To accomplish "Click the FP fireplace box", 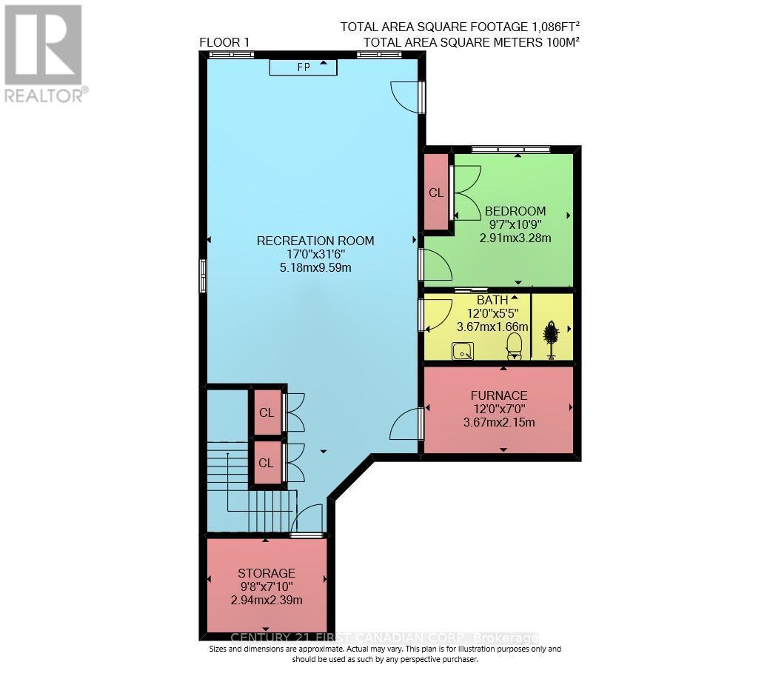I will pyautogui.click(x=303, y=67).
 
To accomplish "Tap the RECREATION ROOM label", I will pyautogui.click(x=315, y=241).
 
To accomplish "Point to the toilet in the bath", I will pyautogui.click(x=513, y=346).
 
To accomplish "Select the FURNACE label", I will pyautogui.click(x=498, y=395).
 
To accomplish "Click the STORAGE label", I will pyautogui.click(x=267, y=573).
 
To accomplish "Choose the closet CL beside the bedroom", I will pyautogui.click(x=436, y=193).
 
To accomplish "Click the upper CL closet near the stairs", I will pyautogui.click(x=267, y=412).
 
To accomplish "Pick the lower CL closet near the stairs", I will pyautogui.click(x=267, y=463).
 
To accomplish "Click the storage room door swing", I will pyautogui.click(x=309, y=518).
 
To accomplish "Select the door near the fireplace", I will pyautogui.click(x=406, y=96).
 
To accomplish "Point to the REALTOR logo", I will pyautogui.click(x=44, y=53).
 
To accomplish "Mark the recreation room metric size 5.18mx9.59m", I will pyautogui.click(x=315, y=267).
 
